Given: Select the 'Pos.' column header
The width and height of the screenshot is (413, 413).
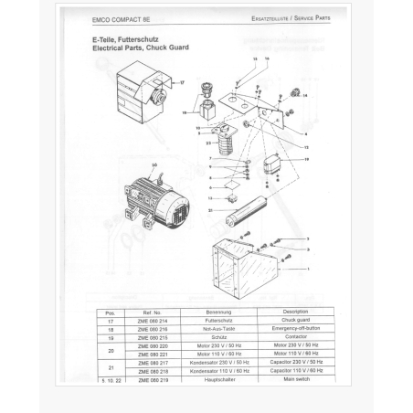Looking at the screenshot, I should (111, 312).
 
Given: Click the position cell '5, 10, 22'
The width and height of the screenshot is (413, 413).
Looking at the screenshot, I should (111, 378).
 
